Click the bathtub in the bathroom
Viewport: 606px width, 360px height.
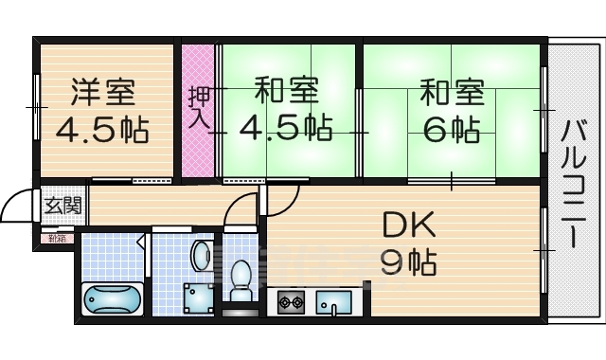[113, 298]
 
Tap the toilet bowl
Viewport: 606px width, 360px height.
[241, 279]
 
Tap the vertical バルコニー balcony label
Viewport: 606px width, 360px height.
[574, 186]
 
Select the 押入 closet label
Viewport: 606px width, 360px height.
[199, 107]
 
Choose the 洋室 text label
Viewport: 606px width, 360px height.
[105, 93]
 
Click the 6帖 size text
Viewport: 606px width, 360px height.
[451, 130]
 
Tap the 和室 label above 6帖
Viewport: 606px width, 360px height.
[452, 94]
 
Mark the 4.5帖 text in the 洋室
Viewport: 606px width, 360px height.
[102, 130]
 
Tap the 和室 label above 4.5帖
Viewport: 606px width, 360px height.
[285, 93]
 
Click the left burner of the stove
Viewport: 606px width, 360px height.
[283, 303]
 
